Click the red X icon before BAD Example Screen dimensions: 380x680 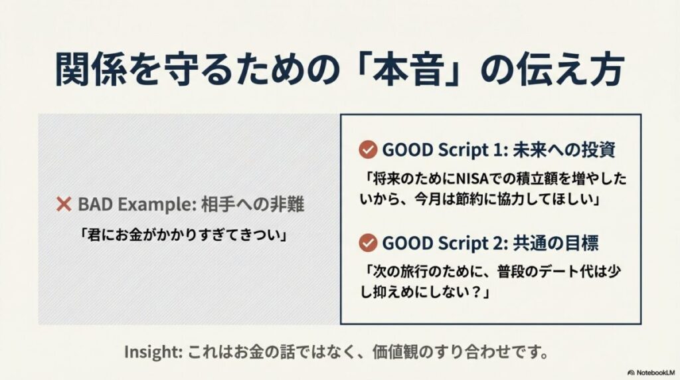click(x=64, y=205)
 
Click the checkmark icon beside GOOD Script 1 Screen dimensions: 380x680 click(x=367, y=149)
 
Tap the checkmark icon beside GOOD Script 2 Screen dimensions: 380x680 click(x=367, y=243)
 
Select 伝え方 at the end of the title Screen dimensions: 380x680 click(x=572, y=70)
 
